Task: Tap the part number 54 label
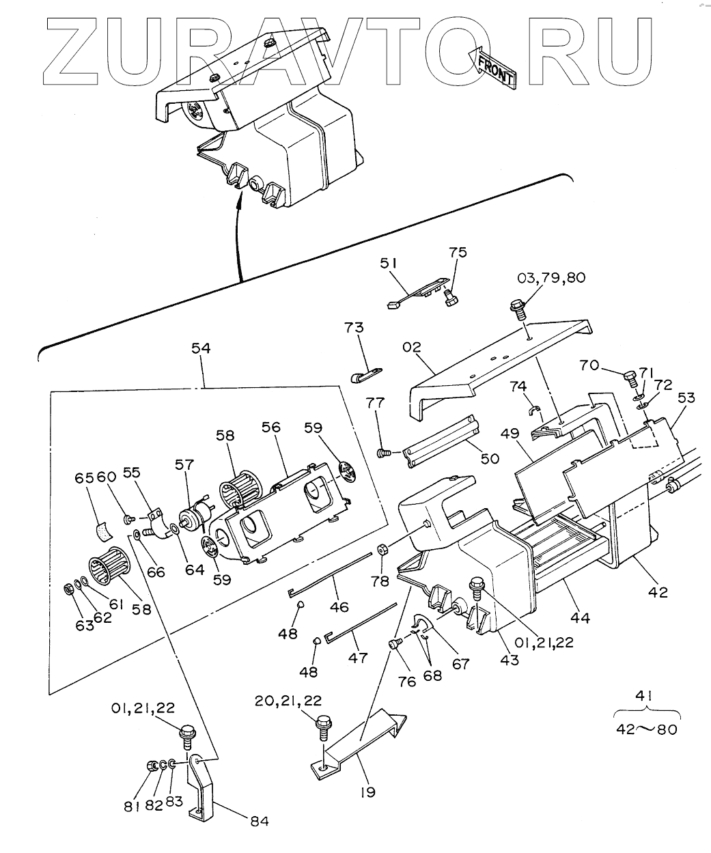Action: point(201,348)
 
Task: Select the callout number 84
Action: point(259,821)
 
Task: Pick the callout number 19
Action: point(368,792)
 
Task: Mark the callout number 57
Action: point(184,464)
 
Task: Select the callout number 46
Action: point(339,606)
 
